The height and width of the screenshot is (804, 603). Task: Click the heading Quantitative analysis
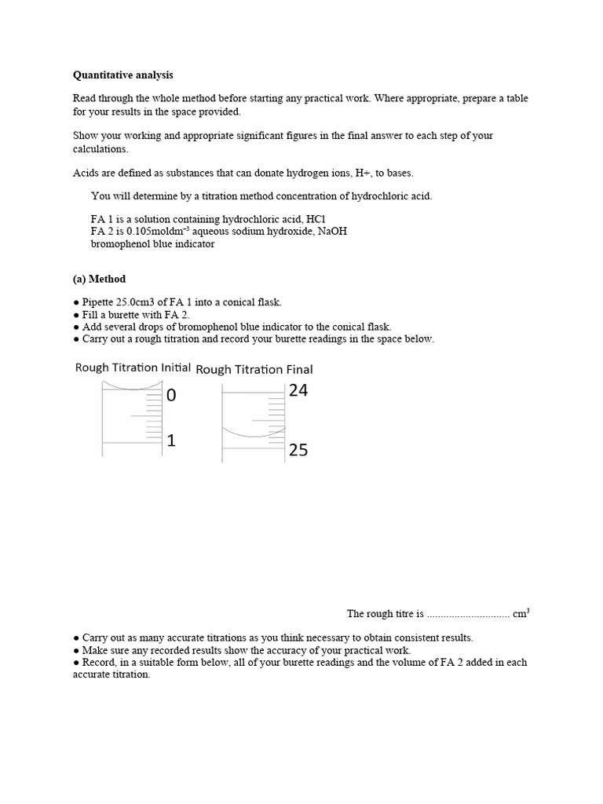[123, 75]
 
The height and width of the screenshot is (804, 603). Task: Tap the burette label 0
[171, 397]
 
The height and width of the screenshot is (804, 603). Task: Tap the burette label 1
[171, 441]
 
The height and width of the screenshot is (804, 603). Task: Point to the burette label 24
[298, 390]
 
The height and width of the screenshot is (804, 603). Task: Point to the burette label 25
[298, 450]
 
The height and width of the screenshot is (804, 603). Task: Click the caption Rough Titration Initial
[133, 367]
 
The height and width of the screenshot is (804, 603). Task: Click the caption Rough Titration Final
[254, 369]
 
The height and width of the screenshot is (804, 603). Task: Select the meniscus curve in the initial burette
[131, 386]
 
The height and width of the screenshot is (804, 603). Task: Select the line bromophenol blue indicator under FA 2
[152, 243]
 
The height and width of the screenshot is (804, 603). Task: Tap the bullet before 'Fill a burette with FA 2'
[76, 315]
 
